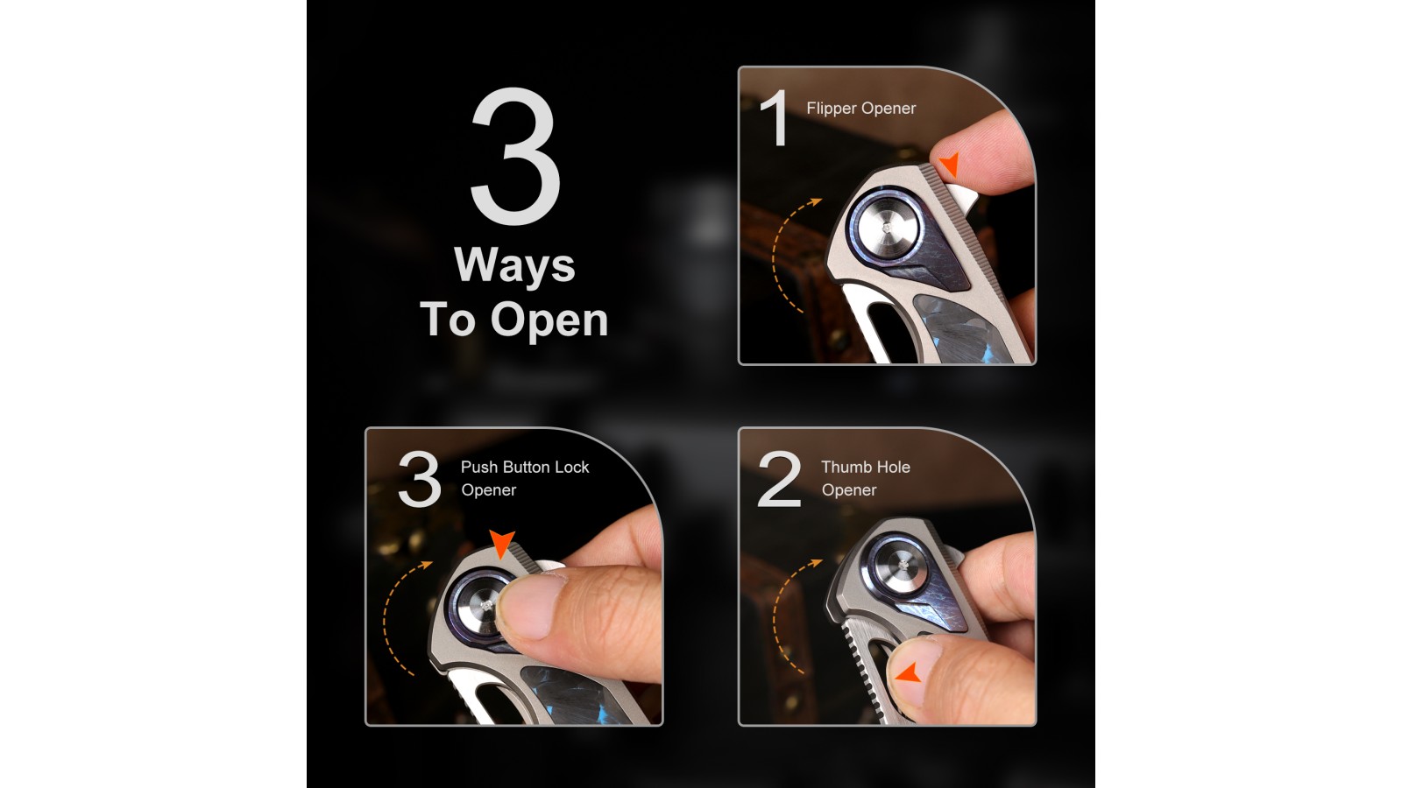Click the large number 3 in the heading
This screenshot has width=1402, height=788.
[x=516, y=156]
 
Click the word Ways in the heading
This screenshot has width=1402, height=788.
[x=514, y=265]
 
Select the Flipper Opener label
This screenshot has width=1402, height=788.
[x=860, y=109]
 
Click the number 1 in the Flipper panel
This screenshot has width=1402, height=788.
[x=775, y=117]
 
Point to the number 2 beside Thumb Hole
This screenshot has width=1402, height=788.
[x=779, y=478]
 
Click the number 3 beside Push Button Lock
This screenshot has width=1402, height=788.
[x=420, y=478]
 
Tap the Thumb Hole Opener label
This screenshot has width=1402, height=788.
[x=866, y=478]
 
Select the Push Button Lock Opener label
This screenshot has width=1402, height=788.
[x=525, y=478]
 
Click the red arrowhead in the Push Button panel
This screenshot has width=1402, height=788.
[x=502, y=543]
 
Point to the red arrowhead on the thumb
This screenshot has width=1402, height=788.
[x=909, y=673]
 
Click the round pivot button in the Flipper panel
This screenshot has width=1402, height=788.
[x=887, y=228]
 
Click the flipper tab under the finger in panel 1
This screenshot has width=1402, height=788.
[x=960, y=199]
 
